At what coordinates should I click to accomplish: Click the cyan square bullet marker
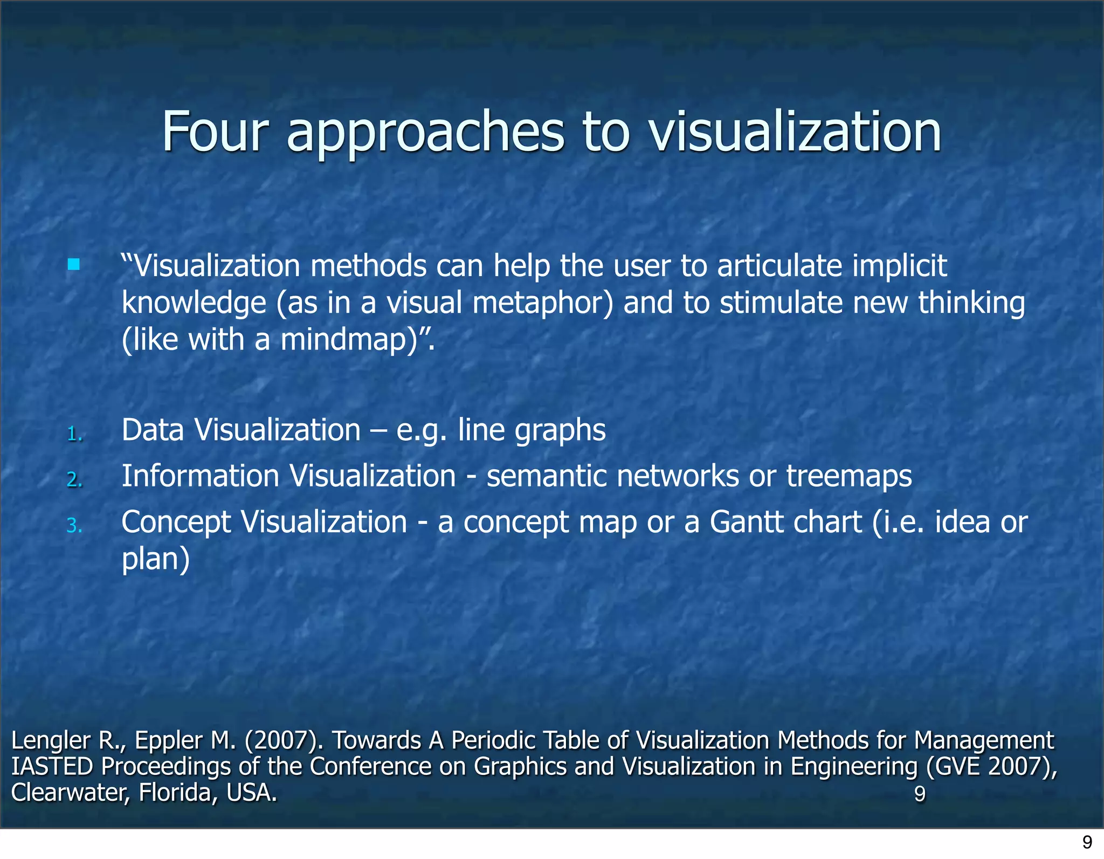point(74,264)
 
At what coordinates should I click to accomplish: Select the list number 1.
point(75,434)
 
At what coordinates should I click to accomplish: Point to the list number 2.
point(75,479)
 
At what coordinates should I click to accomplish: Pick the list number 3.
point(75,525)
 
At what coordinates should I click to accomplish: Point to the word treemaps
point(848,477)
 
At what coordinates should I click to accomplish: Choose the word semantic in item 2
point(546,477)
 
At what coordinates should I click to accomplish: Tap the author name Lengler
point(51,740)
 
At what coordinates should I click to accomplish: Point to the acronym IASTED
point(52,766)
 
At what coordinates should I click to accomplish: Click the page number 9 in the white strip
point(1087,842)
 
